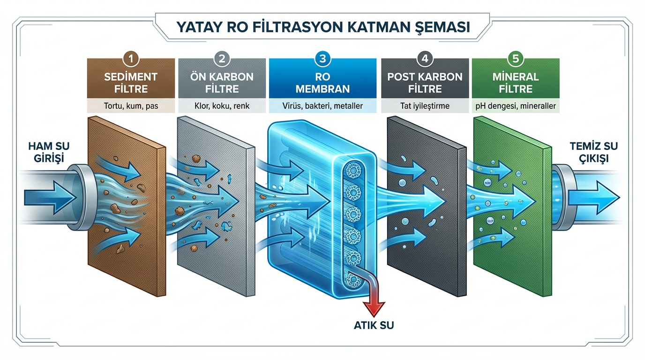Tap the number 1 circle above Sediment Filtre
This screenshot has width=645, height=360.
pyautogui.click(x=131, y=59)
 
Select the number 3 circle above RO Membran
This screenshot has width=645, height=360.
pyautogui.click(x=322, y=59)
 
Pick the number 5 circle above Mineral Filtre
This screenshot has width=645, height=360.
pyautogui.click(x=515, y=59)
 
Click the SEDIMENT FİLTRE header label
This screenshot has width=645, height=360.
pyautogui.click(x=131, y=82)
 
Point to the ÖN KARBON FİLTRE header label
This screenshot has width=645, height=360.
pyautogui.click(x=222, y=82)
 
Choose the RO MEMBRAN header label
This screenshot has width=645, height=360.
pyautogui.click(x=322, y=82)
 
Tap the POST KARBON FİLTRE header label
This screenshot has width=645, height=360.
pyautogui.click(x=425, y=82)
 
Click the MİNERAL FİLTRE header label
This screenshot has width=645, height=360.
pyautogui.click(x=515, y=82)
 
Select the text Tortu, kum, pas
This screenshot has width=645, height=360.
pyautogui.click(x=131, y=106)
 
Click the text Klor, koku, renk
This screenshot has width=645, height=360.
pyautogui.click(x=222, y=106)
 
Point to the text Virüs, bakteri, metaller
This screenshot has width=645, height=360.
pyautogui.click(x=322, y=106)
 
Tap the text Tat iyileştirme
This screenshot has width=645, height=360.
pyautogui.click(x=425, y=106)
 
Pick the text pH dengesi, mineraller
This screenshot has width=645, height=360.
pyautogui.click(x=515, y=106)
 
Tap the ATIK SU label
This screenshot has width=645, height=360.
pyautogui.click(x=374, y=324)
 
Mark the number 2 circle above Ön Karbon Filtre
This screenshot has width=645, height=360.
pyautogui.click(x=222, y=59)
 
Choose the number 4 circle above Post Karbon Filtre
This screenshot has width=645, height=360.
pyautogui.click(x=425, y=59)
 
